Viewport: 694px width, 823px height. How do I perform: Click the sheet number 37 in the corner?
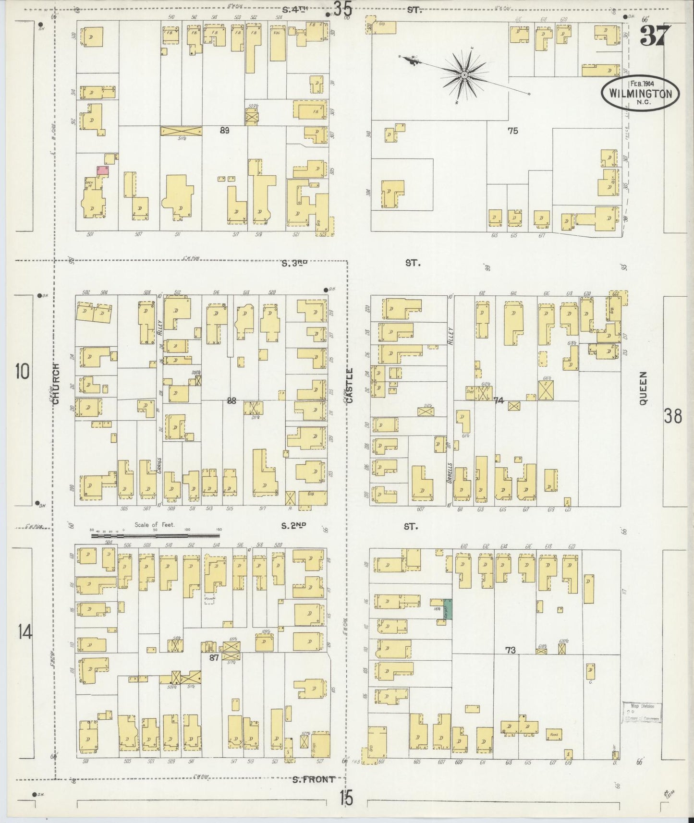click(x=653, y=36)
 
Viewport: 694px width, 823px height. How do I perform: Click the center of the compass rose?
click(x=464, y=75)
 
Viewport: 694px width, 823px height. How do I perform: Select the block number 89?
click(x=224, y=130)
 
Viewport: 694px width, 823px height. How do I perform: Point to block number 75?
click(x=513, y=130)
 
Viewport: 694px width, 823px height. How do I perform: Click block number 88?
click(x=231, y=401)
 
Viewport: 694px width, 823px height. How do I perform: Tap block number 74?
click(x=498, y=400)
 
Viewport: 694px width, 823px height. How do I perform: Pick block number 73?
click(x=510, y=650)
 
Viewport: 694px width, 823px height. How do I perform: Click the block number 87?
click(x=214, y=658)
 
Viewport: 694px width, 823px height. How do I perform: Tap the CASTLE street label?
click(x=349, y=384)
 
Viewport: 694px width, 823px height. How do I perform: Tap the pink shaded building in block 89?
click(x=102, y=169)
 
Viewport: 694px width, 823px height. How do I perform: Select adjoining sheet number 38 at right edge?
click(x=672, y=416)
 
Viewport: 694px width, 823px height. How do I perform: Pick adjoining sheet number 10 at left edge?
click(x=22, y=371)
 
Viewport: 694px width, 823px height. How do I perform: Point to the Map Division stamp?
click(x=642, y=713)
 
